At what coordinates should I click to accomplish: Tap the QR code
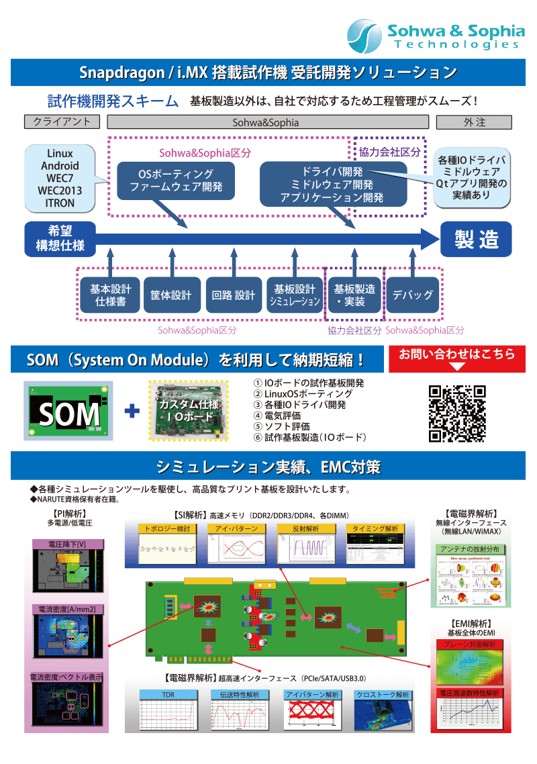click(x=457, y=414)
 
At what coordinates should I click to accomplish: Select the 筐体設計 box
click(x=172, y=295)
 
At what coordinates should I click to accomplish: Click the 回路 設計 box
click(x=233, y=295)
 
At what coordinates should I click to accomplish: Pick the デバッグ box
click(x=412, y=295)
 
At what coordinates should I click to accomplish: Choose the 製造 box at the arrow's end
click(x=476, y=239)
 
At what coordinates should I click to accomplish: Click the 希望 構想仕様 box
click(x=60, y=238)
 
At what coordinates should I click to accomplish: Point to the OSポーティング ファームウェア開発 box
click(x=176, y=181)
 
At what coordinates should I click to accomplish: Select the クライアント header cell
click(x=62, y=122)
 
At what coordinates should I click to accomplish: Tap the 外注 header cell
click(x=474, y=122)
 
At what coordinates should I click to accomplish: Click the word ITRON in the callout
click(x=60, y=202)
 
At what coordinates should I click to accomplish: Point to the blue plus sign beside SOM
click(x=132, y=411)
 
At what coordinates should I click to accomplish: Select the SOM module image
click(x=68, y=411)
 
